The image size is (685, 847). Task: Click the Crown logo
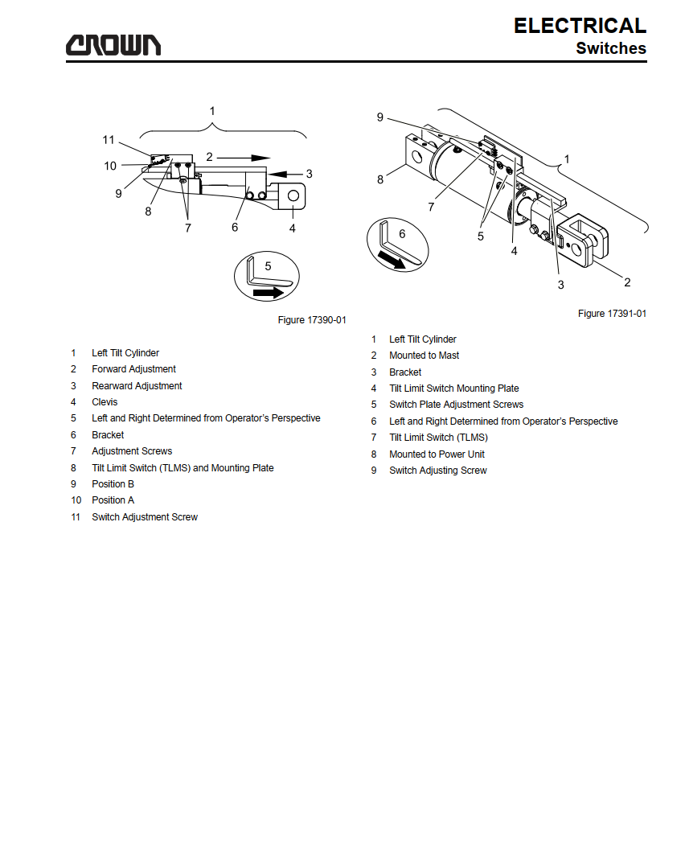pos(113,45)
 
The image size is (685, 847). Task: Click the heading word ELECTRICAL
pos(580,26)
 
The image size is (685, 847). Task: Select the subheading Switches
pos(611,48)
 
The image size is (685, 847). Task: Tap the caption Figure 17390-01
pos(312,320)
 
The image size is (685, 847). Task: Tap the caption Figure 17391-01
pos(612,314)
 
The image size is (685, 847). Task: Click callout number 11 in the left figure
pos(109,140)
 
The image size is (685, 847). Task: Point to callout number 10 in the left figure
pos(110,166)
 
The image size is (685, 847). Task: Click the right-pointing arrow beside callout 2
pos(244,158)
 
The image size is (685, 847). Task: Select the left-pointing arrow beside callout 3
pos(285,174)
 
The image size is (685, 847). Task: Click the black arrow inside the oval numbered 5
pos(269,293)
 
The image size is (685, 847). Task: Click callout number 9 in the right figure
pos(380,117)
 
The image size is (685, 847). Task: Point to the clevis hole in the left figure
pos(293,195)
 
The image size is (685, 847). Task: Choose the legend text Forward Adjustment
pos(134,369)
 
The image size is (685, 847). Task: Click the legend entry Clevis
pos(105,402)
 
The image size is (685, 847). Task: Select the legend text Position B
pos(113,484)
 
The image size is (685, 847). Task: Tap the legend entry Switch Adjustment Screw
pos(145,517)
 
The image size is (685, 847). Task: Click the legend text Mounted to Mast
pos(425,356)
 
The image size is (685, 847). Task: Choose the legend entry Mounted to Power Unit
pos(437,454)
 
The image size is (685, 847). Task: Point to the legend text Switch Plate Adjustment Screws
pos(456,405)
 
